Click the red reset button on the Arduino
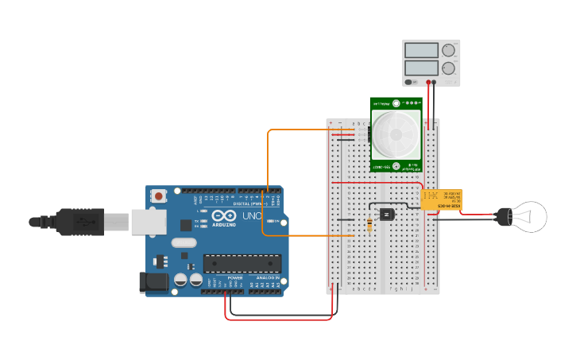pyautogui.click(x=159, y=195)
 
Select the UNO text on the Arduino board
pyautogui.click(x=252, y=216)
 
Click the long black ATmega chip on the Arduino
pyautogui.click(x=242, y=263)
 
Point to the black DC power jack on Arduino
pyautogui.click(x=153, y=281)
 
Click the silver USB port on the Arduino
pyautogui.click(x=149, y=223)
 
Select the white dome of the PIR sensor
pyautogui.click(x=396, y=134)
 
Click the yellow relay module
pyautogui.click(x=441, y=199)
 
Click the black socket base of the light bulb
pyautogui.click(x=503, y=216)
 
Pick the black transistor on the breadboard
pyautogui.click(x=387, y=214)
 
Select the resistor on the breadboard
pyautogui.click(x=369, y=225)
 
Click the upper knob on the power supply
pyautogui.click(x=448, y=50)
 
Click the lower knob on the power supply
pyautogui.click(x=448, y=68)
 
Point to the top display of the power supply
pyautogui.click(x=421, y=50)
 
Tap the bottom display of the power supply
pyautogui.click(x=421, y=68)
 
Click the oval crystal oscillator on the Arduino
pyautogui.click(x=183, y=243)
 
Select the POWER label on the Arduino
pyautogui.click(x=235, y=277)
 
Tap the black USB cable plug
pyautogui.click(x=79, y=221)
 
